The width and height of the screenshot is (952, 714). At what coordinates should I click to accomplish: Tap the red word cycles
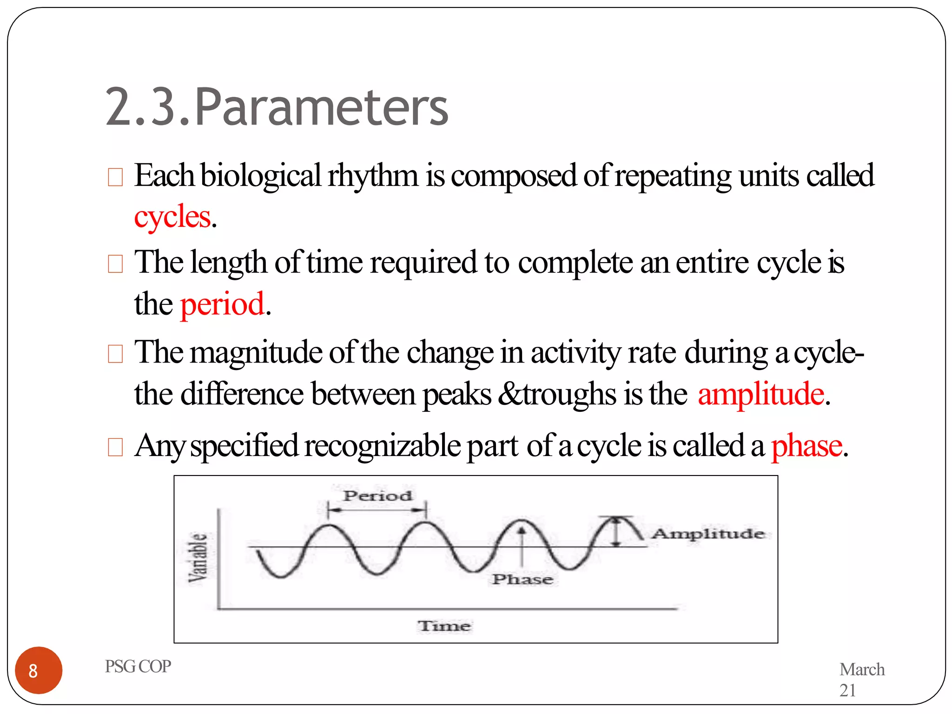[172, 217]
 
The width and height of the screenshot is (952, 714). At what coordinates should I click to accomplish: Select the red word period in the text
[222, 304]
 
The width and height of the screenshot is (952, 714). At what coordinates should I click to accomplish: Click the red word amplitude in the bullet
[761, 394]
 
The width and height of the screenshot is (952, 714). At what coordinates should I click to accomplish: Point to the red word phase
[807, 445]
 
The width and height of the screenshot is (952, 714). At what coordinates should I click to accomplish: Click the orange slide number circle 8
[39, 670]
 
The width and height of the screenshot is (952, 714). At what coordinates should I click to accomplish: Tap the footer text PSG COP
[138, 666]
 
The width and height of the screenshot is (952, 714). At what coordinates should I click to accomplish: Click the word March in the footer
[862, 669]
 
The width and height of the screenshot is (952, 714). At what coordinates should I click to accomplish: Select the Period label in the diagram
[377, 496]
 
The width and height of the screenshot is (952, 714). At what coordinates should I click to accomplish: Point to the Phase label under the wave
[522, 579]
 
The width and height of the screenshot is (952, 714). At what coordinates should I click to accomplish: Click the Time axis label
[444, 626]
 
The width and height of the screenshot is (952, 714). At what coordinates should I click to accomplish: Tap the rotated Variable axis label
[198, 557]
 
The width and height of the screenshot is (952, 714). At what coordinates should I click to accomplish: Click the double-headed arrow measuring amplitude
[616, 531]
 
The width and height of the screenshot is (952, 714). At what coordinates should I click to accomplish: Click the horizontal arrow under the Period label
[377, 510]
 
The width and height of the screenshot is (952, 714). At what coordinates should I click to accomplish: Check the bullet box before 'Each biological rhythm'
[115, 177]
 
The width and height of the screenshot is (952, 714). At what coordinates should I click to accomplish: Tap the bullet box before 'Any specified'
[115, 447]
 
